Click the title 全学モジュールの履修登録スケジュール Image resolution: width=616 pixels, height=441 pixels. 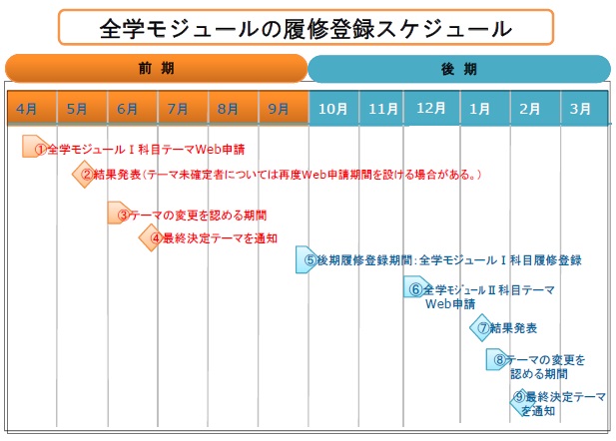pos(307,29)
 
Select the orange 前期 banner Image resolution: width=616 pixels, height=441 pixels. pos(157,69)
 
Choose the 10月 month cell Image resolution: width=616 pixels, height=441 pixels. pos(332,107)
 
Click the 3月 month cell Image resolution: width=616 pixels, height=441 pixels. pos(582,107)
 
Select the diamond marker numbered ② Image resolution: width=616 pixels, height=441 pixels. pos(86,175)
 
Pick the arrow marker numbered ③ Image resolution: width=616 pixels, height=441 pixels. pos(121,214)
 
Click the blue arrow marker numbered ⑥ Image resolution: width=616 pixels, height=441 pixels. pos(415,288)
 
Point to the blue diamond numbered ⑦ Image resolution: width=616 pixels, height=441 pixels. pos(482,327)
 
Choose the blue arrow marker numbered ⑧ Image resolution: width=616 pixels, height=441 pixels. pos(498,359)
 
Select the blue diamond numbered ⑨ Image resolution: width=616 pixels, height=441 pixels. pos(520,399)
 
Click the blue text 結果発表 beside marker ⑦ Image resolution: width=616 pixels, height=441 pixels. pos(515,327)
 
